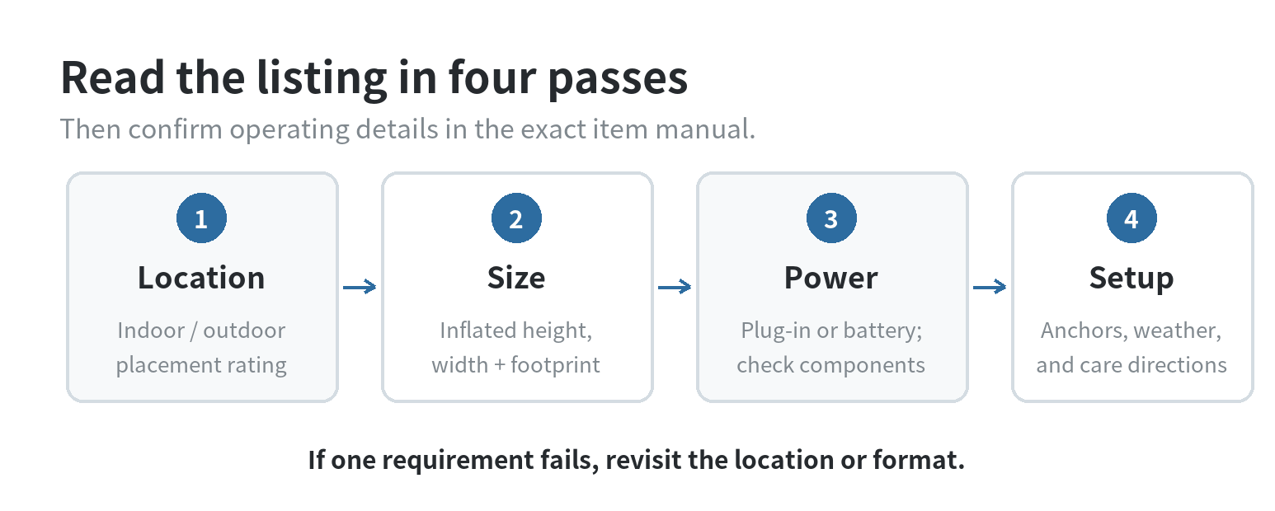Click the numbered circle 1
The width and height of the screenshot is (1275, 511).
(201, 218)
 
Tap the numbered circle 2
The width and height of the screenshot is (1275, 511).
(516, 218)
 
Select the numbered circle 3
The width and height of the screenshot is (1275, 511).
(831, 218)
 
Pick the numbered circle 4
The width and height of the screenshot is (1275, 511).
(1132, 218)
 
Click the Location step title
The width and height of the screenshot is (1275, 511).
(201, 278)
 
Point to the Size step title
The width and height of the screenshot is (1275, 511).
(516, 278)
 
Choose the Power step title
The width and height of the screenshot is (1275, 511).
(831, 278)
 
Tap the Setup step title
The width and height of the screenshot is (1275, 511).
(1132, 279)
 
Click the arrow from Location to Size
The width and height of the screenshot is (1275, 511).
(360, 287)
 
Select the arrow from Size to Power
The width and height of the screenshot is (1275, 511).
(675, 287)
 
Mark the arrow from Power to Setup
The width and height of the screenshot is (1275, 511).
(990, 287)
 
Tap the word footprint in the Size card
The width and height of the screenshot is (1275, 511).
(556, 365)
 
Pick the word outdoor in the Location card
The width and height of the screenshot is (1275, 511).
(244, 330)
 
